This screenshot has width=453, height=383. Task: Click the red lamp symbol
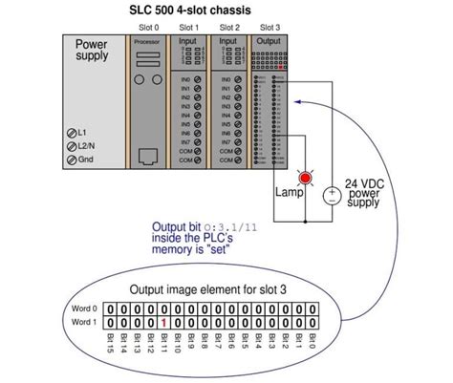(x=306, y=179)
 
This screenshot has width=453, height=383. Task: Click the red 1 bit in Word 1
(x=165, y=324)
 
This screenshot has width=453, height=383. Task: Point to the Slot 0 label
(x=148, y=28)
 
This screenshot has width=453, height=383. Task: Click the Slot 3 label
(x=270, y=28)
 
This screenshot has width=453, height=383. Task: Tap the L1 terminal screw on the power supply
(x=72, y=131)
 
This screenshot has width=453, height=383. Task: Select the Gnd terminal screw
(x=72, y=160)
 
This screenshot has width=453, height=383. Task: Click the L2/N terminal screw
(x=72, y=145)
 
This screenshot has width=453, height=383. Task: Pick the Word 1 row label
(x=85, y=324)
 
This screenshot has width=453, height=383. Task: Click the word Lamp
(x=288, y=193)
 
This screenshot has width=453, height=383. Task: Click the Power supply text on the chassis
(x=93, y=51)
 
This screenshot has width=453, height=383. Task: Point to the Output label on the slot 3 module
(x=270, y=42)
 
